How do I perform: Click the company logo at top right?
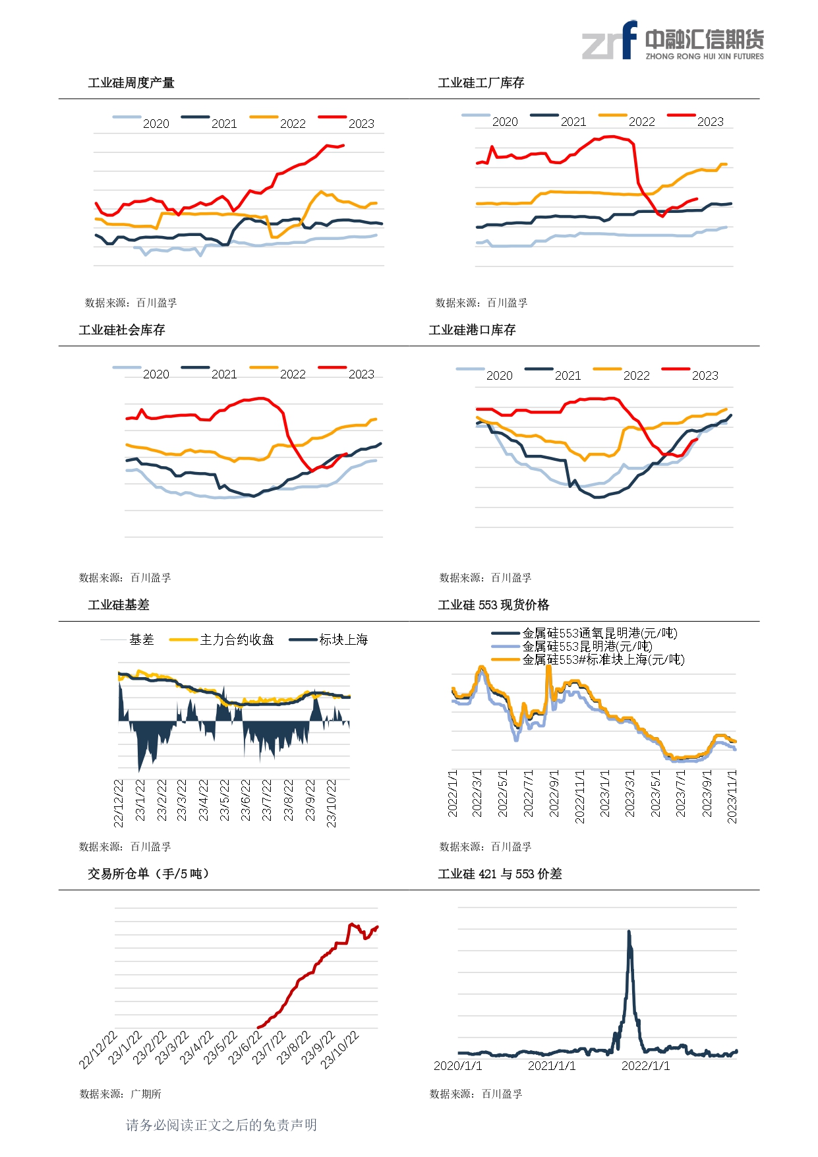pyautogui.click(x=672, y=41)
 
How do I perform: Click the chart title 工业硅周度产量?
pyautogui.click(x=131, y=83)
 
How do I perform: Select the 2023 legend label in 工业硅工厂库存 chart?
pyautogui.click(x=710, y=122)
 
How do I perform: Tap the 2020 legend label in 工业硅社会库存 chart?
pyautogui.click(x=156, y=374)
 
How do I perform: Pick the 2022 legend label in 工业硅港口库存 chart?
pyautogui.click(x=636, y=376)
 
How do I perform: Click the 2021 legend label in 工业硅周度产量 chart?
pyautogui.click(x=224, y=124)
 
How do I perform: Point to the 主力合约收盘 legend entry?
pyautogui.click(x=237, y=639)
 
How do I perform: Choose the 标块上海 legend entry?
pyautogui.click(x=343, y=639)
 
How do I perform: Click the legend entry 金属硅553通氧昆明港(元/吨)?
pyautogui.click(x=600, y=634)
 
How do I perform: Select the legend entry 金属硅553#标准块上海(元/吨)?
pyautogui.click(x=603, y=660)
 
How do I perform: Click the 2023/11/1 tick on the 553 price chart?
pyautogui.click(x=732, y=796)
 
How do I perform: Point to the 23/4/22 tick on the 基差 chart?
pyautogui.click(x=204, y=800)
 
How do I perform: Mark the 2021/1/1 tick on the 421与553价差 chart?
pyautogui.click(x=552, y=1066)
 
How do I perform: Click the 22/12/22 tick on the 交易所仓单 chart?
pyautogui.click(x=98, y=1050)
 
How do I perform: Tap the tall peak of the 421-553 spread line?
pyautogui.click(x=629, y=932)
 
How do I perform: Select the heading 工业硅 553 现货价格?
pyautogui.click(x=494, y=605)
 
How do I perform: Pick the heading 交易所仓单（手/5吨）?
pyautogui.click(x=148, y=874)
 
